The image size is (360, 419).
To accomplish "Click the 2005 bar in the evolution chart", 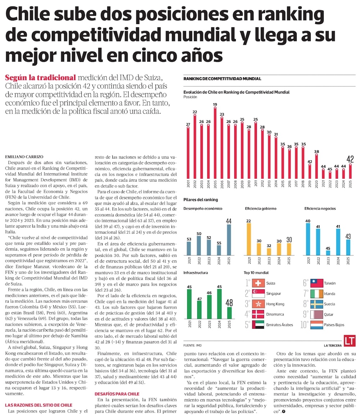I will point(215,144).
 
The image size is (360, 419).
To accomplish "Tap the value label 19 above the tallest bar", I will point(215,105).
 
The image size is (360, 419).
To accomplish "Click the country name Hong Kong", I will point(275,304).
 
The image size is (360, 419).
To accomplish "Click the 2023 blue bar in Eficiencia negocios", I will point(328,253).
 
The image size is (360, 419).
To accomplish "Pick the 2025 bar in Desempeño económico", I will point(229,240).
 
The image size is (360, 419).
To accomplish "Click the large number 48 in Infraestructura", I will point(229,303).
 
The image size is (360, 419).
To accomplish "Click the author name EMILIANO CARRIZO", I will point(24,157).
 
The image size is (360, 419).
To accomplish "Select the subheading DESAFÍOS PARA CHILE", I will point(117,394).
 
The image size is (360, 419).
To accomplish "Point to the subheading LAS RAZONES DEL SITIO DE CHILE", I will point(39,405).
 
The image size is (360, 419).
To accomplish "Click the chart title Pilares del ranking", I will point(201,200).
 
